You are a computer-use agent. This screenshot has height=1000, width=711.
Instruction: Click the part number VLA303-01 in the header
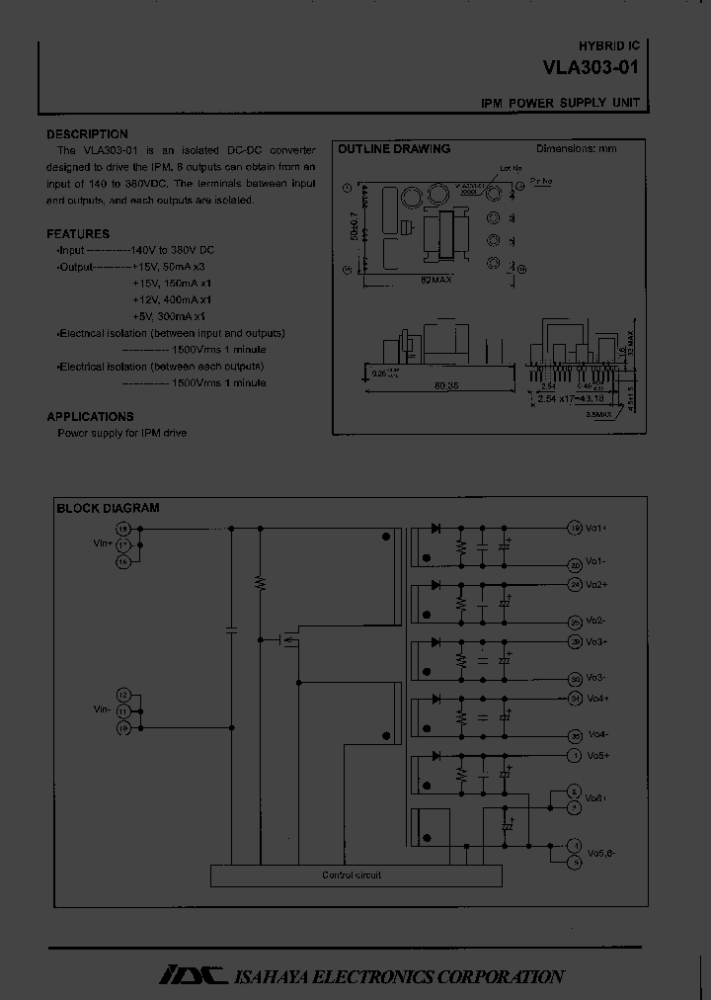[x=591, y=69]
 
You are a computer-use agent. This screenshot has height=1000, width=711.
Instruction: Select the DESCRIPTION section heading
[x=87, y=134]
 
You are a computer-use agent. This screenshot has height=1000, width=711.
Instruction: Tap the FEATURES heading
[x=78, y=234]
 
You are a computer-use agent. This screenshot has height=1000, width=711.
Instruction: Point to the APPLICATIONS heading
[x=90, y=417]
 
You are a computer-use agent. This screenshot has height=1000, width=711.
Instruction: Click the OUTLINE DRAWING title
[x=394, y=149]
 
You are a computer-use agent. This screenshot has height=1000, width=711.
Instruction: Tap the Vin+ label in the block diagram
[x=102, y=542]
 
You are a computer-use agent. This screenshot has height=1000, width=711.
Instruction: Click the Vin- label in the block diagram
[x=102, y=708]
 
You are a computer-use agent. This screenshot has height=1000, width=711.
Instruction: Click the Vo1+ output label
[x=595, y=528]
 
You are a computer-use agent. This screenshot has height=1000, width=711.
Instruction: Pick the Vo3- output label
[x=595, y=678]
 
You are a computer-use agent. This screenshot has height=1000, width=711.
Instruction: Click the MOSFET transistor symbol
[x=288, y=639]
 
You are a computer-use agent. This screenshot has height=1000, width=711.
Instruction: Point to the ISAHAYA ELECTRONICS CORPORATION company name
[x=399, y=976]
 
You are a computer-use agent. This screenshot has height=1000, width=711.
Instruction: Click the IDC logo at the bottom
[x=194, y=975]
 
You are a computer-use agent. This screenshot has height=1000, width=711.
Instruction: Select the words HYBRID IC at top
[x=608, y=47]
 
